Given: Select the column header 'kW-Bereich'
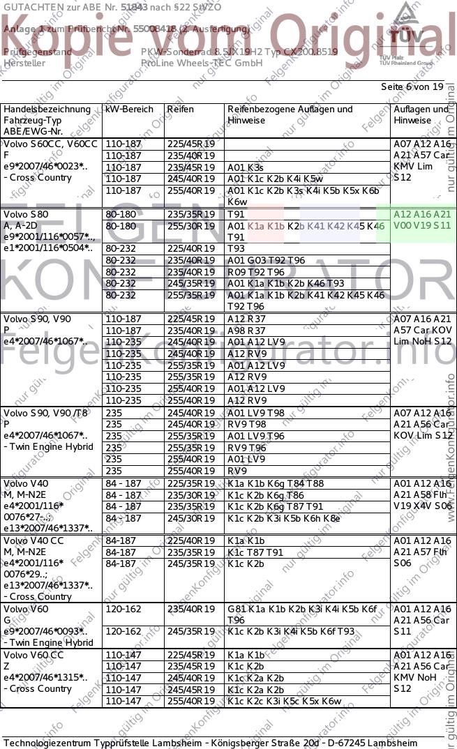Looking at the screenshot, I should (129, 109).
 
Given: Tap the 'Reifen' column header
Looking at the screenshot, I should (181, 109).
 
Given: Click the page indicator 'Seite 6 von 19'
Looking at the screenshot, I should (412, 87).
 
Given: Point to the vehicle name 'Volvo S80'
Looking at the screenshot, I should (27, 214).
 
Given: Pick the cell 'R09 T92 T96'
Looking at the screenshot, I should (256, 272).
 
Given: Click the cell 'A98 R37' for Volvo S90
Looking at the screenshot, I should (247, 331).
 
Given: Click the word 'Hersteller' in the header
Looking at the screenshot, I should (24, 63).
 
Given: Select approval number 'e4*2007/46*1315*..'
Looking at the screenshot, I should (45, 677).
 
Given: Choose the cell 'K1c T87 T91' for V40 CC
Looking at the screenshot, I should (255, 552).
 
